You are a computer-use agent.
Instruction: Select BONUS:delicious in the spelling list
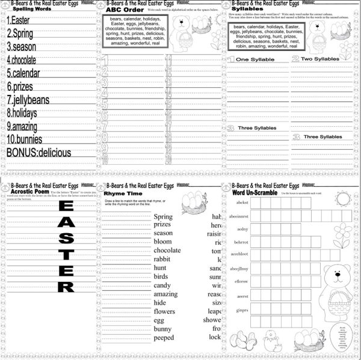point(39,153)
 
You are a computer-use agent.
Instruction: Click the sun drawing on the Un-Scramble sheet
point(342,198)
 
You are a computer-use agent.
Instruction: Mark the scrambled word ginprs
point(241,310)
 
